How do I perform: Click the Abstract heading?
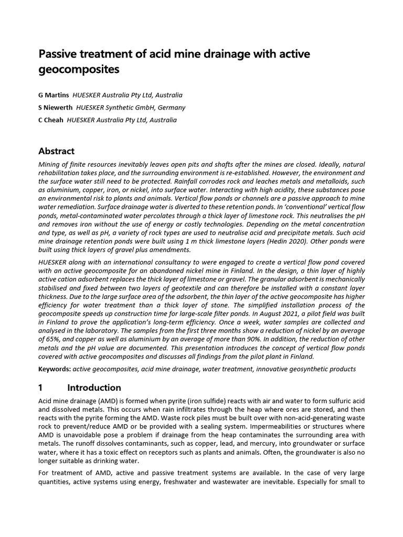[57, 151]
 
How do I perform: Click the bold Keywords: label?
[55, 369]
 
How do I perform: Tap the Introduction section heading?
[94, 388]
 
